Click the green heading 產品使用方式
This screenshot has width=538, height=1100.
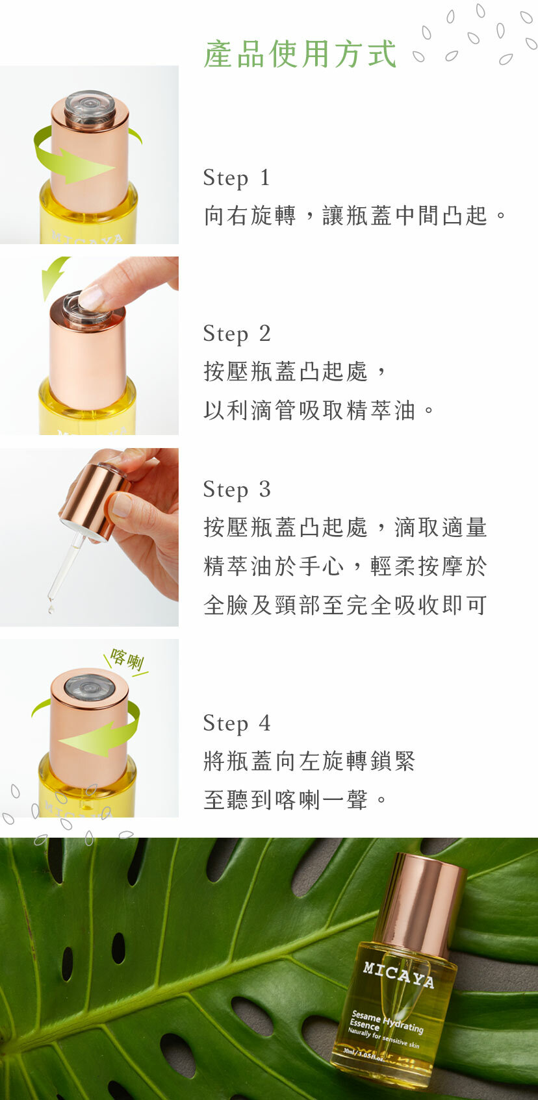[300, 53]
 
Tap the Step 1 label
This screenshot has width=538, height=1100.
[237, 178]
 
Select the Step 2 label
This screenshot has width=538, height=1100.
[237, 334]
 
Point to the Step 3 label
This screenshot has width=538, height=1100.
[237, 490]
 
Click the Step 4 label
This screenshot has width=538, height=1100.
[237, 723]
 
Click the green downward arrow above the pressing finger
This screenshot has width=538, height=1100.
[53, 277]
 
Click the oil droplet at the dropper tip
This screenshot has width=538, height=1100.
[51, 608]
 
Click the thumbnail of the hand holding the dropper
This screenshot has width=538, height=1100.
[90, 537]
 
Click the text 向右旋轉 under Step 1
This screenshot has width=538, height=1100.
[250, 216]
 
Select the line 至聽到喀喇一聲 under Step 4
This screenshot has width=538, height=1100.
[285, 800]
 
